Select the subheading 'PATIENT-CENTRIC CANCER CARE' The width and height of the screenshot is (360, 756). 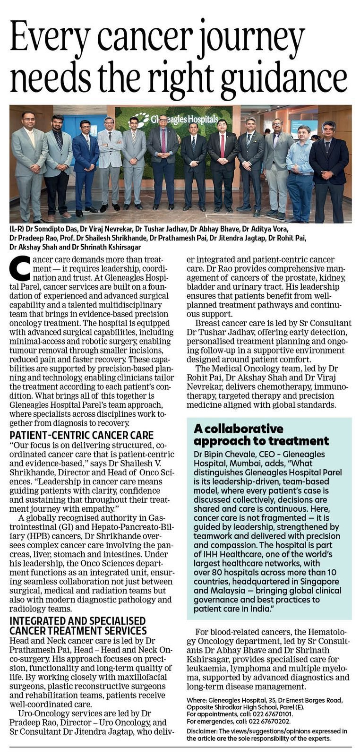click(81, 435)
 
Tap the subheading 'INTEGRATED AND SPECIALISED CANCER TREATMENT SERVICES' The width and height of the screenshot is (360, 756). click(78, 626)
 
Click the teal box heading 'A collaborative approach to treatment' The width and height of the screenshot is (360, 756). click(261, 435)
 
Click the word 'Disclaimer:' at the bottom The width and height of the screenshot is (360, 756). click(202, 731)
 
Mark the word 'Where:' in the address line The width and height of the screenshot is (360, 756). click(196, 701)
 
